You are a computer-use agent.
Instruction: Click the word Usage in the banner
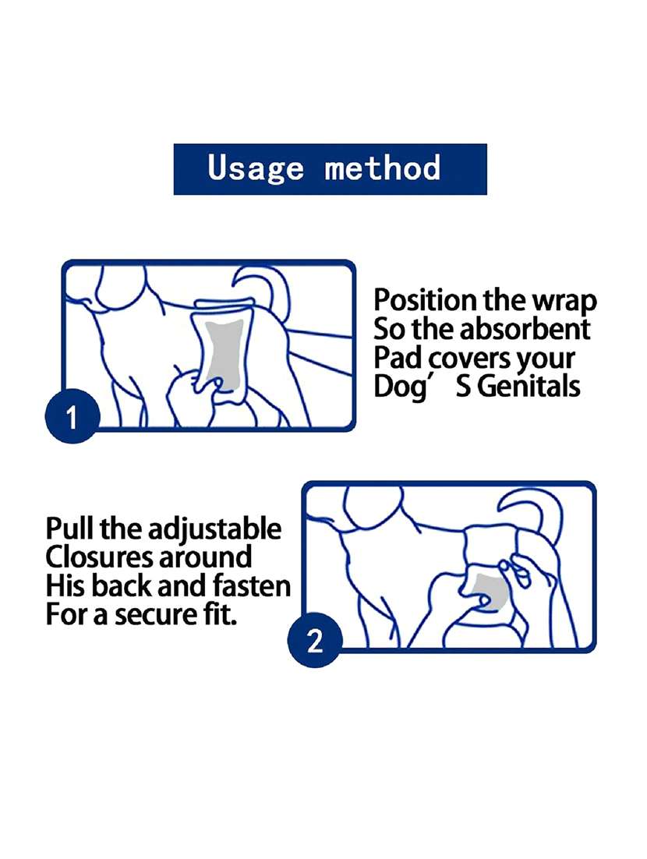pyautogui.click(x=256, y=168)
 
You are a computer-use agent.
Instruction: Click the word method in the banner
pyautogui.click(x=383, y=167)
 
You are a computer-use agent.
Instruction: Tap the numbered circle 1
pyautogui.click(x=72, y=415)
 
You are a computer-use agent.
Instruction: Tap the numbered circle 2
pyautogui.click(x=314, y=640)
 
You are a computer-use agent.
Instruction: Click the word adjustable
pyautogui.click(x=214, y=530)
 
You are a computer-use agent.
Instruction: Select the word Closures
pyautogui.click(x=100, y=557)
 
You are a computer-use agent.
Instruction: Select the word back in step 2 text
pyautogui.click(x=122, y=585)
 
